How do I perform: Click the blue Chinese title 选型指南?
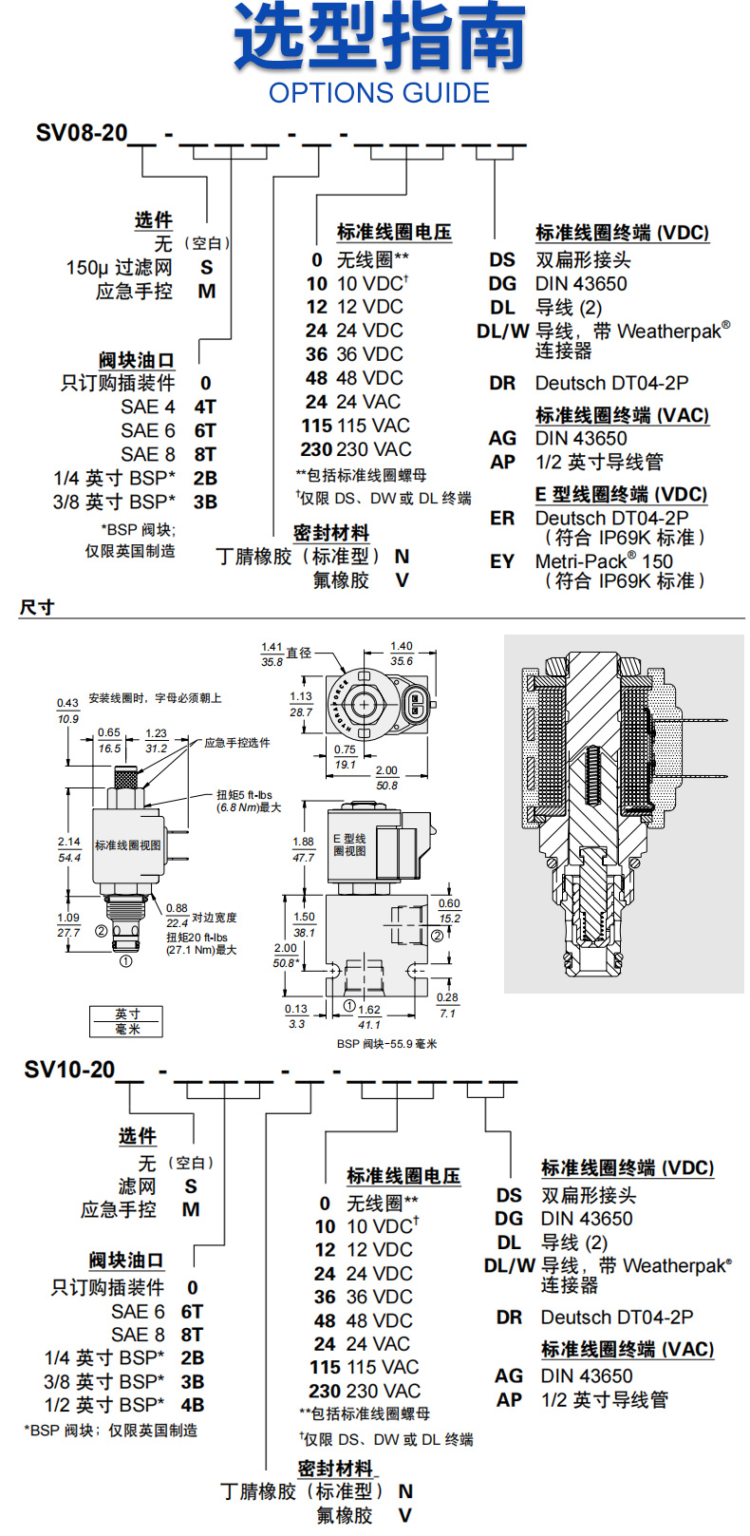coord(380,38)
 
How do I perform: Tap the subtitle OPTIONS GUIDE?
coord(379,93)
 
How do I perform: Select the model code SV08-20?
coord(82,133)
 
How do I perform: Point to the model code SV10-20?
coord(69,1070)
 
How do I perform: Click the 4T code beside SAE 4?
coord(205,407)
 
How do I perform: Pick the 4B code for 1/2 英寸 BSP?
coord(193,1405)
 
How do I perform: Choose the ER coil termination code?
coord(502,518)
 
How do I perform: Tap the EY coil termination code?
coord(502,561)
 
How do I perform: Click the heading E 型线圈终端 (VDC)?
coord(621,494)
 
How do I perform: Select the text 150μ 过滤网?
coord(120,268)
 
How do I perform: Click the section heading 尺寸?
coord(37,607)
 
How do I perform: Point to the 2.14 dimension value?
coord(69,842)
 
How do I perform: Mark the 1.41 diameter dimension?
coord(272,647)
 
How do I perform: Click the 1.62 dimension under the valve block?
coord(369,1010)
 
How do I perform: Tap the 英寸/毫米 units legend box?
coord(126,1021)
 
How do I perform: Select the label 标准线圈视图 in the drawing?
coord(128,845)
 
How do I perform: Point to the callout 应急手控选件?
coord(237,743)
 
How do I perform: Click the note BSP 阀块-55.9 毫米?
coord(386,1044)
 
